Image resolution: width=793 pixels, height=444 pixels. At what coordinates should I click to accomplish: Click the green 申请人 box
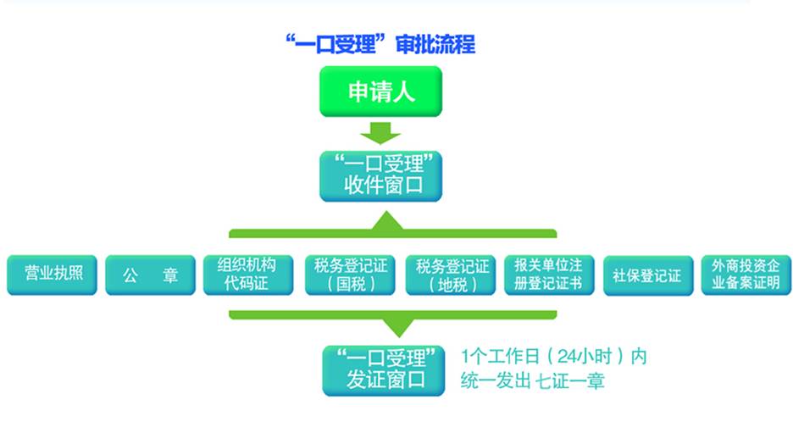click(x=380, y=92)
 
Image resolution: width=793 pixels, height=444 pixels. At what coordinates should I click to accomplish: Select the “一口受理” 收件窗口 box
click(x=380, y=176)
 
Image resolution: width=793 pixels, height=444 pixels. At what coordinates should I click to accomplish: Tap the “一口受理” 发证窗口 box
click(x=383, y=370)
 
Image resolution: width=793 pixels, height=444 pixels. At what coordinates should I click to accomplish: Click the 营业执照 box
click(x=52, y=275)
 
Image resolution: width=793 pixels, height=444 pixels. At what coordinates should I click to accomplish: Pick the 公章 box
click(x=150, y=275)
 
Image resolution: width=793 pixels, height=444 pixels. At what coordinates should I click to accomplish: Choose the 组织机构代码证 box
click(x=248, y=275)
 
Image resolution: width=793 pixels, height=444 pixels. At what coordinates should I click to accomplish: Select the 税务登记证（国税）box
click(x=350, y=275)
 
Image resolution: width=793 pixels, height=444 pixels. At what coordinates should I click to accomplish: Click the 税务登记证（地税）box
click(x=451, y=275)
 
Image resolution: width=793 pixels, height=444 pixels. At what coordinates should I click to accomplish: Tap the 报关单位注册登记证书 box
click(x=549, y=275)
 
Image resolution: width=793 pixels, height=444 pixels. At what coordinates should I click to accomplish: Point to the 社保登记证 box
click(x=648, y=275)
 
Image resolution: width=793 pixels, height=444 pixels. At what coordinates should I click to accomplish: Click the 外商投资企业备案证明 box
click(x=746, y=275)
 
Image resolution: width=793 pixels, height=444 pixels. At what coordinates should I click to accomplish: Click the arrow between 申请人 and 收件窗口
click(x=380, y=133)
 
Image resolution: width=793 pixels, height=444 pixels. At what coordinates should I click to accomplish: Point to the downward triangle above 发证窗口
click(x=399, y=327)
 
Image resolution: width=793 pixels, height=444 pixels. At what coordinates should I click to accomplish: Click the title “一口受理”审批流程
click(x=380, y=44)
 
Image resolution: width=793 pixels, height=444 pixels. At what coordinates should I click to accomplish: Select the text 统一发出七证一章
click(x=533, y=380)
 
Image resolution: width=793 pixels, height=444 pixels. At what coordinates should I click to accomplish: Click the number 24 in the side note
click(x=568, y=357)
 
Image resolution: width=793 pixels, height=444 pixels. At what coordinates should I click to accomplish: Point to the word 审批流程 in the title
click(x=435, y=44)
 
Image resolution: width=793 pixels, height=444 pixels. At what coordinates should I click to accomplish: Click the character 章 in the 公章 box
click(x=170, y=275)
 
